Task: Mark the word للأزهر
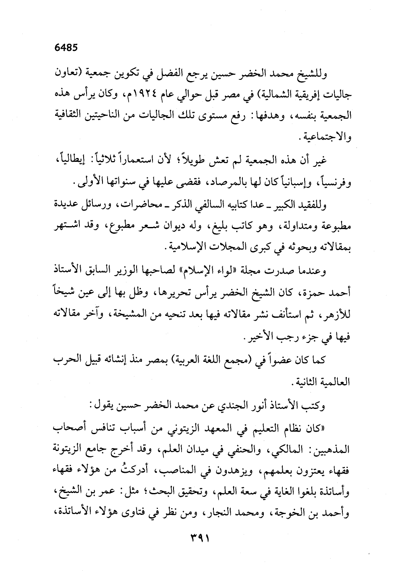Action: (x=337, y=314)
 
